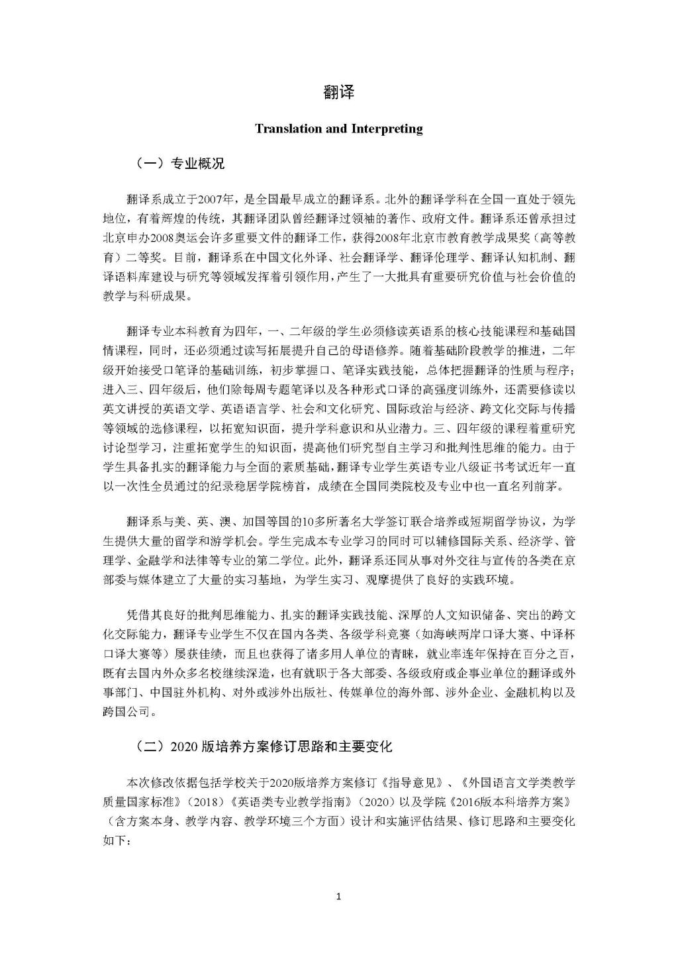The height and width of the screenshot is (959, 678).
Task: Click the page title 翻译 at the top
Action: pos(338,92)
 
